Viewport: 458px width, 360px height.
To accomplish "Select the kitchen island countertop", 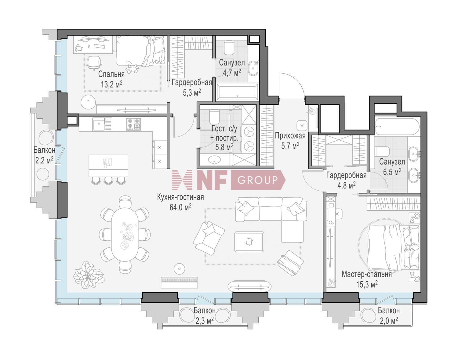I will (x=108, y=165).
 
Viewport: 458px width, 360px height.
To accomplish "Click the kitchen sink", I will (x=99, y=124).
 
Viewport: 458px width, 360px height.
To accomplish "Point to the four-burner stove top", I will (x=134, y=124).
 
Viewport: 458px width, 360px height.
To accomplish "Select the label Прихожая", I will (x=290, y=136).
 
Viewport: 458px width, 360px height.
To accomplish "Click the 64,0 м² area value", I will (x=180, y=207).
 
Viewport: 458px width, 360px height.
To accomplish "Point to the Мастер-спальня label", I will (x=366, y=274).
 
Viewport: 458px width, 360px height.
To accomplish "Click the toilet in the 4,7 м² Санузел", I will (x=228, y=47).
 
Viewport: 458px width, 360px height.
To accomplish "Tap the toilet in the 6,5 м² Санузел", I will (x=382, y=151).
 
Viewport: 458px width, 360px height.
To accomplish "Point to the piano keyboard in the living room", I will (x=180, y=282).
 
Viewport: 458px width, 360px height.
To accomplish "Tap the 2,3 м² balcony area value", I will (x=204, y=321).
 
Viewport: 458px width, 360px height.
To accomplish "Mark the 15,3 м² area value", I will (x=367, y=285).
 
